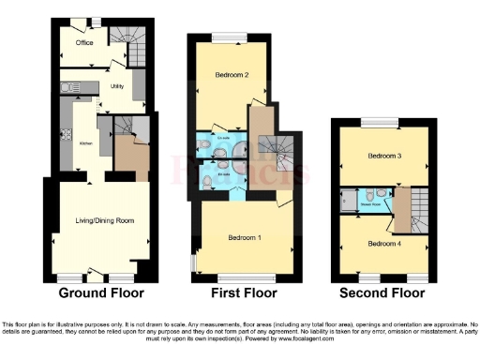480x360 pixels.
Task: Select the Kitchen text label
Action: click(x=84, y=144)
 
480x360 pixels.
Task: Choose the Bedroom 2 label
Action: click(x=231, y=75)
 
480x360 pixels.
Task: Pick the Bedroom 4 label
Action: click(x=383, y=244)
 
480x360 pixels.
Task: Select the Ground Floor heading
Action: click(x=95, y=292)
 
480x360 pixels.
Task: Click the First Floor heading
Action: click(x=241, y=292)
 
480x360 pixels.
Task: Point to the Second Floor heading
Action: click(x=384, y=292)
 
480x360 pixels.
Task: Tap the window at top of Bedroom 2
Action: click(x=231, y=37)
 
